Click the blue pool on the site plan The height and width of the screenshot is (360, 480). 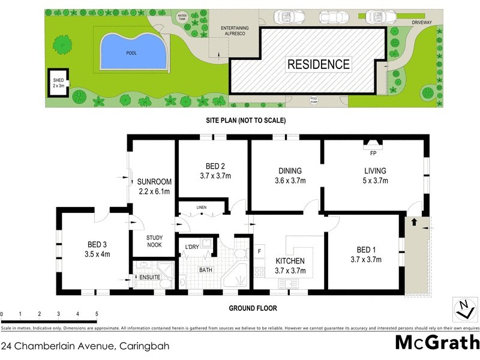point(132,52)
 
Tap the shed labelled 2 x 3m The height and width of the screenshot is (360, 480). point(58,82)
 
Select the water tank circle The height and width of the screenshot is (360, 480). point(182,17)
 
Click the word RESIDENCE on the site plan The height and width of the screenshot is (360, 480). point(318,64)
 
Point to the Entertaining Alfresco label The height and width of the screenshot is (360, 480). point(235,32)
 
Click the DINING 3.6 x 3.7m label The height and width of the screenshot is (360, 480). point(290,175)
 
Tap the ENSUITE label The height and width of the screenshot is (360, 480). point(149,277)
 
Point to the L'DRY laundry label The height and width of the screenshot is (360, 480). point(192,247)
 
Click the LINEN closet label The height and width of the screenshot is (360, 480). point(202,208)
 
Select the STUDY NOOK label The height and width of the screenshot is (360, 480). point(154,241)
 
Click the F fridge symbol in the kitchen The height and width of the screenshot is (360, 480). point(260,251)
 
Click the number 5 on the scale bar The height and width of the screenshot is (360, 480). point(96,314)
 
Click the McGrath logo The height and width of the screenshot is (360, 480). point(437,342)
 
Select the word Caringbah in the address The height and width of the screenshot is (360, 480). point(145,346)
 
